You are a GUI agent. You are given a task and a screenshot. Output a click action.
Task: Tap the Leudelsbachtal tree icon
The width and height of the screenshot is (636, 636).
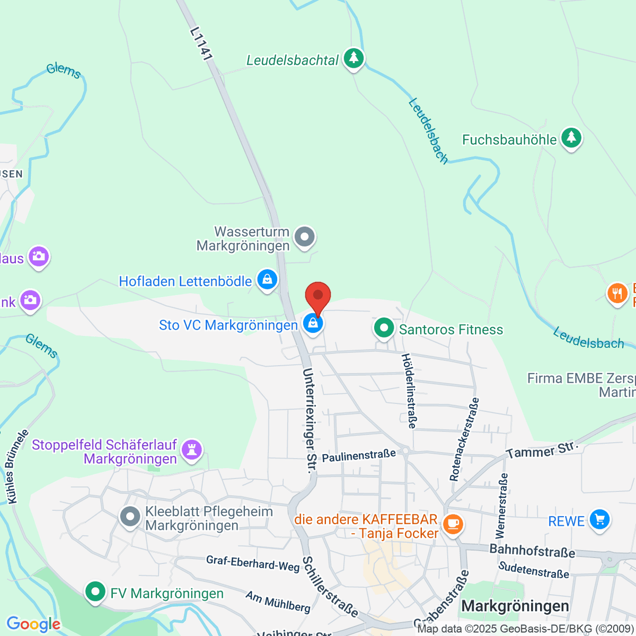click(x=354, y=58)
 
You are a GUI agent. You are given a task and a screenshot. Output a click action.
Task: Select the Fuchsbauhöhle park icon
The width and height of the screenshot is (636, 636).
click(x=571, y=138)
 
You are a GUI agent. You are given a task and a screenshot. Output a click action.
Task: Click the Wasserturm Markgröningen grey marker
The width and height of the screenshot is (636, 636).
click(x=304, y=237)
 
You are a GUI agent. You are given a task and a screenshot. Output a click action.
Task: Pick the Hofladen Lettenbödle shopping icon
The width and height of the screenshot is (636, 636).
click(x=267, y=279)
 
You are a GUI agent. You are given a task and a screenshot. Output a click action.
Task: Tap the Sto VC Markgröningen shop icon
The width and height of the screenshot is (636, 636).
click(x=313, y=323)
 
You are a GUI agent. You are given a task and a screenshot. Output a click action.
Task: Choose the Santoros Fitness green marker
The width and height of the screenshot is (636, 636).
click(x=383, y=328)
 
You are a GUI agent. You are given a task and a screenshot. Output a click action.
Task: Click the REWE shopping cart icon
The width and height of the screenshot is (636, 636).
click(x=599, y=519)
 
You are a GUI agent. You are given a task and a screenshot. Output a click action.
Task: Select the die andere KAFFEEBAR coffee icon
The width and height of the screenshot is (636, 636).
click(x=452, y=524)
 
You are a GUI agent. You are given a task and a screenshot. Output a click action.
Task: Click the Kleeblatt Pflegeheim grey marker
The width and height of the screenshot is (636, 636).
click(x=130, y=517)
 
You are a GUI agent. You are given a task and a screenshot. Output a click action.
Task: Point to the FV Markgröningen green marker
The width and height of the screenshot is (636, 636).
click(x=95, y=591)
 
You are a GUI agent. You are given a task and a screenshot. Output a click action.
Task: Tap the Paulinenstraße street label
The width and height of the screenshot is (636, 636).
click(x=359, y=455)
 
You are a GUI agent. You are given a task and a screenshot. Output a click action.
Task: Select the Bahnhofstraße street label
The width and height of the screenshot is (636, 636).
click(x=532, y=551)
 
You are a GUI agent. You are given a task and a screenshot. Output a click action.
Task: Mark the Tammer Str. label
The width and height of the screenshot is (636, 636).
click(x=541, y=449)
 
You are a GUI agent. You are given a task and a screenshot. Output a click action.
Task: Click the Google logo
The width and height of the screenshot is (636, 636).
click(x=33, y=624)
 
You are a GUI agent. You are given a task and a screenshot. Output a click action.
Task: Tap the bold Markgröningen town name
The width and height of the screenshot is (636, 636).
click(x=515, y=606)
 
